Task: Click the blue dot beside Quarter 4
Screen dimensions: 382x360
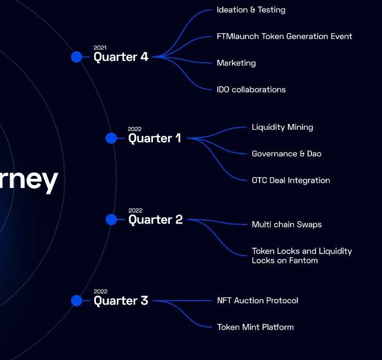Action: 77,57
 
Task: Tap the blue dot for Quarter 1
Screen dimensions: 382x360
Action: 111,138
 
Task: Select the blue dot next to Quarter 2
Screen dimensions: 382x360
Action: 111,219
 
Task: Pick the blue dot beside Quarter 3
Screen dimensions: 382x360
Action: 77,301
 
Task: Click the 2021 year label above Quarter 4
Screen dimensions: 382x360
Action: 100,47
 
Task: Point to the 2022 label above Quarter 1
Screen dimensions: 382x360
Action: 134,129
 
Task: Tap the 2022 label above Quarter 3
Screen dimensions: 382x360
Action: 100,291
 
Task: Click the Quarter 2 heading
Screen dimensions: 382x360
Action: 155,219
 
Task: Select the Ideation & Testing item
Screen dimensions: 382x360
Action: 251,10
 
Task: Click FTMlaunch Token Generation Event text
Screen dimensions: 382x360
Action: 284,36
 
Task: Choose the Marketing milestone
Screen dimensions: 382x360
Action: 236,63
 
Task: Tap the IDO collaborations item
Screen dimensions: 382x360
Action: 251,90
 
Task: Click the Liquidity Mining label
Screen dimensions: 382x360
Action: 282,127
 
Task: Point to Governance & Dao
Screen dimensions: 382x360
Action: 287,153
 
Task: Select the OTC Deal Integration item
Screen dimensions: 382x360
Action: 291,180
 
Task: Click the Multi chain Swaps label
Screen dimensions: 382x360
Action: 287,225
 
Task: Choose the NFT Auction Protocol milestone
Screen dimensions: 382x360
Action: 257,301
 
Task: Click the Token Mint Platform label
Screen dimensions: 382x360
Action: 255,327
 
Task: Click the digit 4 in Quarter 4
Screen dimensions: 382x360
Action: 144,57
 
